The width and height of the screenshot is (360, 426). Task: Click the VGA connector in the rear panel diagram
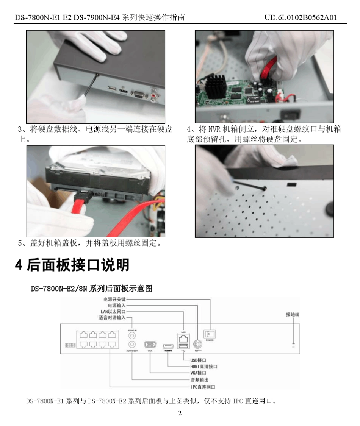(150, 345)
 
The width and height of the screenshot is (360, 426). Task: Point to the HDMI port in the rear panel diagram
(168, 346)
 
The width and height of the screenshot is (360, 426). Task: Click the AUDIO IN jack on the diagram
(132, 335)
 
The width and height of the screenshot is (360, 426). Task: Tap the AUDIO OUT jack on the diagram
(132, 344)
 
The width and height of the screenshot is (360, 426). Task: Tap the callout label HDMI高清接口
(203, 367)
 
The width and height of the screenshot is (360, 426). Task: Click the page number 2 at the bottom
(180, 413)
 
